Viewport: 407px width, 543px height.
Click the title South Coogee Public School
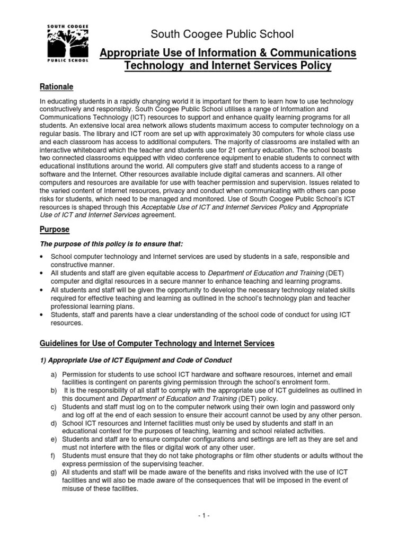coord(222,35)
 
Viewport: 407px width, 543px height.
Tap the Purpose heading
coord(55,230)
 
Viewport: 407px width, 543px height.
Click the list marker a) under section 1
coord(53,375)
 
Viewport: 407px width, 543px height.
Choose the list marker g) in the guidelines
coord(53,472)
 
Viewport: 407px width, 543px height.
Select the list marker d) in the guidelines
coord(53,423)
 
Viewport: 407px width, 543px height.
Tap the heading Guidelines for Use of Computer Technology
coord(157,344)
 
